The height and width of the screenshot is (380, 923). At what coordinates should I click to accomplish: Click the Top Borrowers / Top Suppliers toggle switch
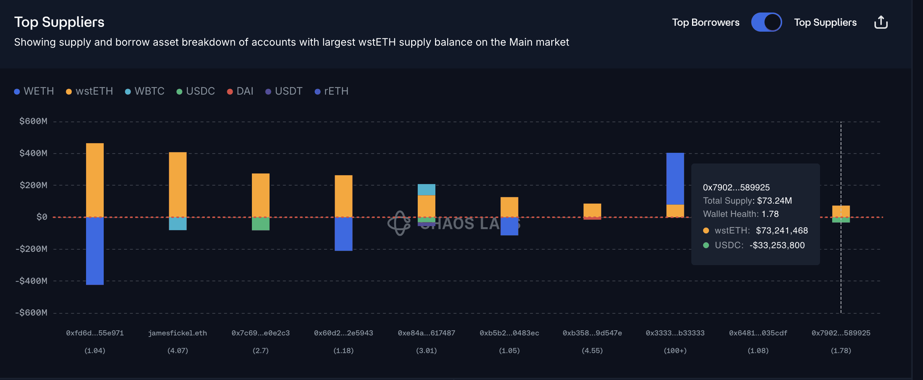[766, 22]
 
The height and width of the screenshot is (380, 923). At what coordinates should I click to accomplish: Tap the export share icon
[881, 22]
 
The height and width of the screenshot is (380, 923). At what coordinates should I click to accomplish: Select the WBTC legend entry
[145, 91]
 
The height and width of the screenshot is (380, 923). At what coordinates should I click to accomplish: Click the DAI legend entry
[240, 91]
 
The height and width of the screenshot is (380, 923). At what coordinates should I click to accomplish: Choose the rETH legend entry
[332, 91]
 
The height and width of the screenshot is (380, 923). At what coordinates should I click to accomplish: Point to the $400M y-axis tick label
[33, 153]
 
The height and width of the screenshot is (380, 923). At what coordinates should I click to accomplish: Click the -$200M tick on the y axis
[31, 249]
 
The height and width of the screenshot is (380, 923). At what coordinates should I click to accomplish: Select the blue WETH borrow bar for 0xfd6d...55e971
[95, 251]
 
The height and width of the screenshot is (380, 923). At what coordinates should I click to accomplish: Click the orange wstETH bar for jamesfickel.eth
[178, 184]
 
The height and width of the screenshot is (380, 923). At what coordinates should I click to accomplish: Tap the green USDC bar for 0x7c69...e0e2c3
[260, 224]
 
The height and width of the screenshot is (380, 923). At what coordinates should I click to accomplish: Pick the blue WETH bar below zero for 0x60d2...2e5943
[343, 234]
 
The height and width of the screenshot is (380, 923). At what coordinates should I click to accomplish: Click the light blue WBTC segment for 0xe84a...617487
[427, 190]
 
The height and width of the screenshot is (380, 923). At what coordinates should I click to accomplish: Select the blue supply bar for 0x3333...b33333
[675, 179]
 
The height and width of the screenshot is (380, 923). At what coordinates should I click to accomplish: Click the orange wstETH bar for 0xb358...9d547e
[592, 210]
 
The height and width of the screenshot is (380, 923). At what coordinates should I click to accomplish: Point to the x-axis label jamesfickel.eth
[178, 333]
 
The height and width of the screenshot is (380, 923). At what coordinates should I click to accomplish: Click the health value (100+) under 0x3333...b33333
[675, 351]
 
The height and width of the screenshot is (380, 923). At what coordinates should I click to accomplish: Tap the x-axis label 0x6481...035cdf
[758, 333]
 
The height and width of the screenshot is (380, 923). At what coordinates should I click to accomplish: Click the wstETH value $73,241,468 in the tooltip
[782, 231]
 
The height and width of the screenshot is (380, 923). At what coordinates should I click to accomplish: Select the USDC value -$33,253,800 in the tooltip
[777, 245]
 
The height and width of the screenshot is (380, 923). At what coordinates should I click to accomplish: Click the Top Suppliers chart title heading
[59, 22]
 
